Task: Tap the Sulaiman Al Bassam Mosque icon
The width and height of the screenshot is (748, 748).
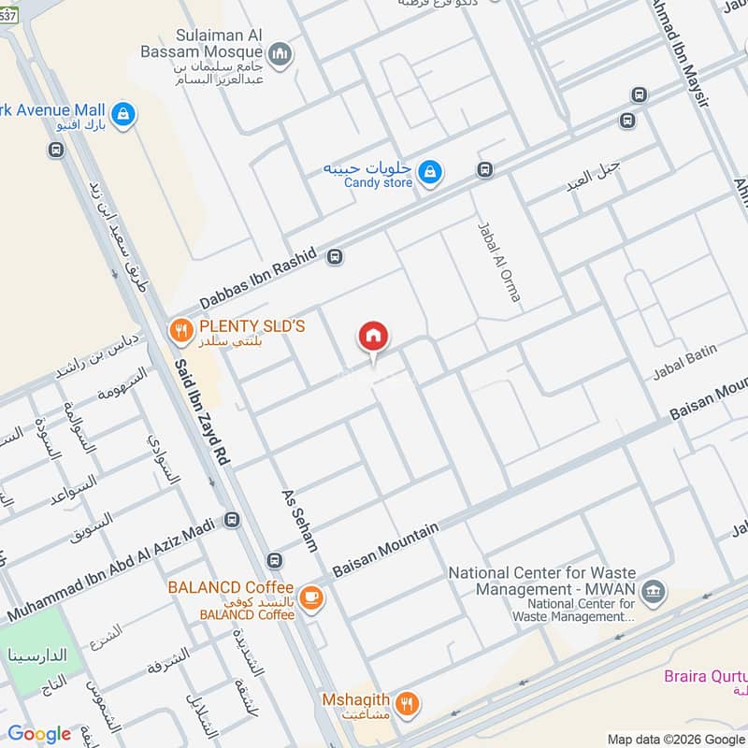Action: pos(280,56)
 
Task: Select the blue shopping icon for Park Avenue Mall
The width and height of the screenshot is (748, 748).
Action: pos(122,115)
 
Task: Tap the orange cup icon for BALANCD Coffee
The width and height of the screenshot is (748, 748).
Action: pos(311,599)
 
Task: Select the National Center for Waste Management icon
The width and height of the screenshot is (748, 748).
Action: pos(654,590)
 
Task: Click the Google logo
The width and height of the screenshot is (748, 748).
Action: pos(39,734)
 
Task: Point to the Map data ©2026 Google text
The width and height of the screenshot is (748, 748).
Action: pos(674,738)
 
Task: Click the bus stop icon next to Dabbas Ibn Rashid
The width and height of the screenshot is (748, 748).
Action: pos(336,256)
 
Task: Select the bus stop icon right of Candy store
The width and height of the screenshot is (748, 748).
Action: pos(484,169)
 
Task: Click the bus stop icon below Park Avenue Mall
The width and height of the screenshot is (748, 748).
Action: pos(57,150)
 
